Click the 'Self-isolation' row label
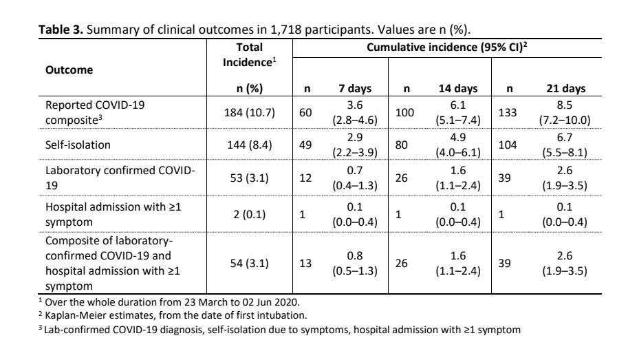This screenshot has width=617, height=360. pyautogui.click(x=72, y=145)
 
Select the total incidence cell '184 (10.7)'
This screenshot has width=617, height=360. pyautogui.click(x=250, y=113)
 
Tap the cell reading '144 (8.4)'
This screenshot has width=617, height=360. pyautogui.click(x=250, y=145)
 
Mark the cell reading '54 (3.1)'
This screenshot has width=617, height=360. pyautogui.click(x=250, y=256)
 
